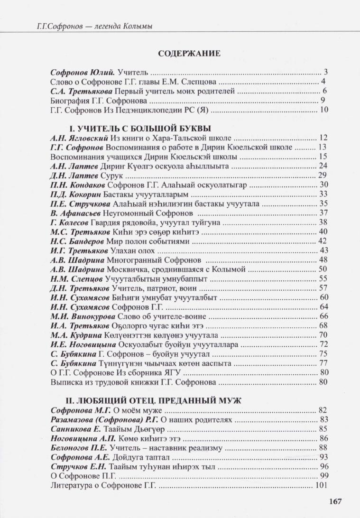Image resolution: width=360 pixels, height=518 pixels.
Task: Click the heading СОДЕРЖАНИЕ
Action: (189, 53)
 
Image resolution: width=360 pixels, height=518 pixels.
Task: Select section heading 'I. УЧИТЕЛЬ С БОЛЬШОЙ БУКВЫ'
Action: (140, 129)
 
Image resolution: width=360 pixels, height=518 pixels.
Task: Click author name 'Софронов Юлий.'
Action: (75, 73)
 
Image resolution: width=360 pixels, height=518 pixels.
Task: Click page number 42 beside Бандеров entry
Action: (323, 241)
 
